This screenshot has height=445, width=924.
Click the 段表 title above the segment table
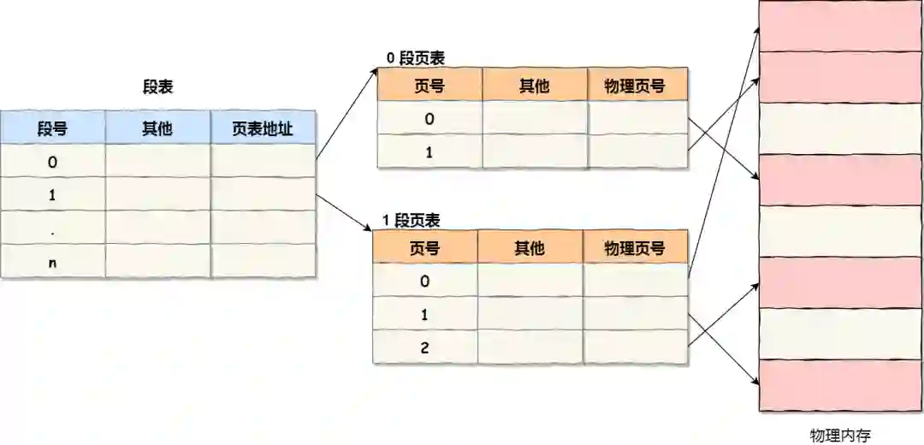(158, 86)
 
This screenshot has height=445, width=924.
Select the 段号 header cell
(52, 128)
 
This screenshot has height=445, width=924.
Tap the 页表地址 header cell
(263, 128)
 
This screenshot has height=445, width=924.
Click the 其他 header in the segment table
(157, 128)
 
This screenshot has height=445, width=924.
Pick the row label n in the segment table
(52, 262)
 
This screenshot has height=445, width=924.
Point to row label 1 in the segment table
(52, 194)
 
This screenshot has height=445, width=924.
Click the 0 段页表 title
(416, 58)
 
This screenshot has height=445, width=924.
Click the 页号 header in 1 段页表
(424, 248)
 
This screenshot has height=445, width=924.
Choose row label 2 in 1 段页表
(424, 348)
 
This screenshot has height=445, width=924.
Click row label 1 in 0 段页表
(429, 152)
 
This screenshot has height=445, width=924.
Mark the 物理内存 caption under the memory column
(840, 435)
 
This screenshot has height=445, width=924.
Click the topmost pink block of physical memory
(840, 26)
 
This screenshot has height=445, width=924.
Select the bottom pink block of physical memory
(840, 384)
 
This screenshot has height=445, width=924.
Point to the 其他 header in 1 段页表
(530, 248)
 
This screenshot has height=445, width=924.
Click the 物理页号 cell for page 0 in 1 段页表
(635, 281)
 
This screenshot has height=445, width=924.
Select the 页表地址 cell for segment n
(263, 262)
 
